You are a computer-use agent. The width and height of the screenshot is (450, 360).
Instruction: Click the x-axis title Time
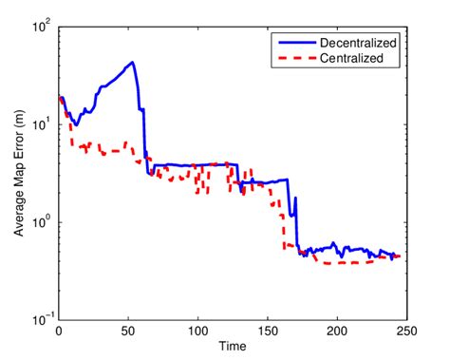coord(232,347)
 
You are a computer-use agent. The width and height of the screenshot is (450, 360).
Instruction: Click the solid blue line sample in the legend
coord(293,43)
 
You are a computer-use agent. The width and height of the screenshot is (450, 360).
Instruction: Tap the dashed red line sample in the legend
coord(293,58)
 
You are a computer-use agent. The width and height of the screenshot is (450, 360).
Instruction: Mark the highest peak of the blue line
coord(133,63)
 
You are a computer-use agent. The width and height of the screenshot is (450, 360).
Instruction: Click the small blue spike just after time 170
coord(295,199)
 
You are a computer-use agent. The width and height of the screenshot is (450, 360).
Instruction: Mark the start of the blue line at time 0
coord(60,98)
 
